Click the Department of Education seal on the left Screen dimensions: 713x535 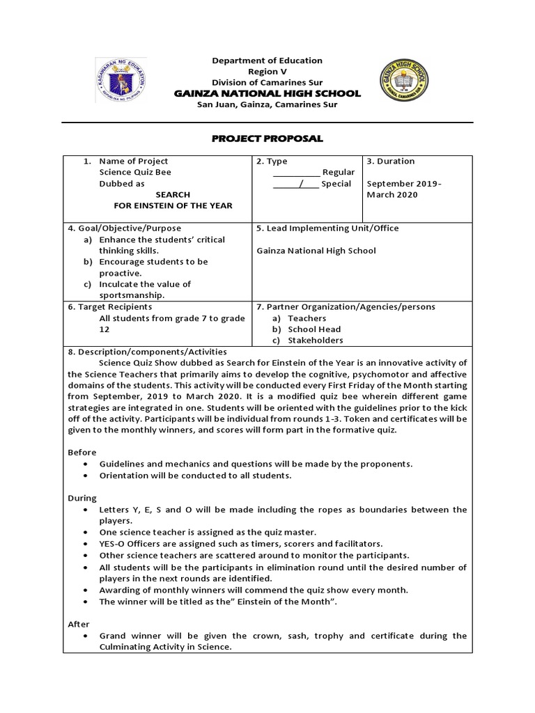pyautogui.click(x=121, y=81)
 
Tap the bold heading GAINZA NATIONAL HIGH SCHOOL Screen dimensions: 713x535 pyautogui.click(x=267, y=93)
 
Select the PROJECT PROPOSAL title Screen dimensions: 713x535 pyautogui.click(x=267, y=139)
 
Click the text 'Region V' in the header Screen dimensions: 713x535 pyautogui.click(x=267, y=72)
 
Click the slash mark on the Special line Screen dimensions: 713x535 pyautogui.click(x=301, y=184)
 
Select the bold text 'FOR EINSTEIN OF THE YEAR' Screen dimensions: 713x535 pyautogui.click(x=173, y=206)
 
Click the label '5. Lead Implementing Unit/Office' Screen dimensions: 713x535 pyautogui.click(x=327, y=228)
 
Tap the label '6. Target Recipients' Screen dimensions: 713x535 pyautogui.click(x=110, y=307)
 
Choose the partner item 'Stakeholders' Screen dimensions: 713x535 pyautogui.click(x=316, y=340)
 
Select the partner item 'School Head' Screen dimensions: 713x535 pyautogui.click(x=315, y=329)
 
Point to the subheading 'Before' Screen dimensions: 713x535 pyautogui.click(x=82, y=453)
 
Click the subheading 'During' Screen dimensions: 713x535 pyautogui.click(x=82, y=499)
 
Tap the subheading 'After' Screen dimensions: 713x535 pyautogui.click(x=79, y=625)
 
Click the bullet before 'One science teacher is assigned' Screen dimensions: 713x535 pyautogui.click(x=85, y=533)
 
